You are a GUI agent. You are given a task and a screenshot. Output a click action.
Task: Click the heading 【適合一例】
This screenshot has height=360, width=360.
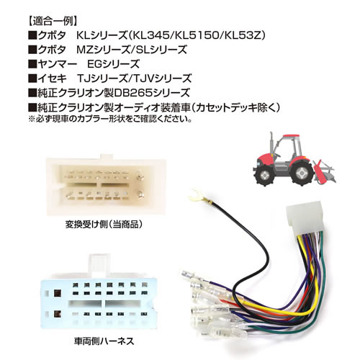pyautogui.click(x=53, y=22)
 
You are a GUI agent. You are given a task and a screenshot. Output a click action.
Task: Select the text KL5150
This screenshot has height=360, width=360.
pyautogui.click(x=196, y=36)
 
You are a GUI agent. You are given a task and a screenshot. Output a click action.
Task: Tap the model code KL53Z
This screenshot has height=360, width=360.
pyautogui.click(x=240, y=36)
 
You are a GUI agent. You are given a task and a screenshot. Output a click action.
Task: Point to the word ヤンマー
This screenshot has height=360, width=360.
pyautogui.click(x=57, y=64)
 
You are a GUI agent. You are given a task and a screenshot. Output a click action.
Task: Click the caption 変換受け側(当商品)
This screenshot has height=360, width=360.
pyautogui.click(x=104, y=225)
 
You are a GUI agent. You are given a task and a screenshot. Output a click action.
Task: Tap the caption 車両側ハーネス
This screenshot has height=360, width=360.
pyautogui.click(x=104, y=341)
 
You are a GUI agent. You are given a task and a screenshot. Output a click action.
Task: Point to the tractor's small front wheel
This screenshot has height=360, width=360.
pyautogui.click(x=264, y=175)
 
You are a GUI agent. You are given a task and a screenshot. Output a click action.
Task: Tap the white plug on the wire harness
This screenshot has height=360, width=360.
pyautogui.click(x=304, y=217)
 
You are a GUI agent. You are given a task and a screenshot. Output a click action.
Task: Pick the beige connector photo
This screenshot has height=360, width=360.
pyautogui.click(x=107, y=185)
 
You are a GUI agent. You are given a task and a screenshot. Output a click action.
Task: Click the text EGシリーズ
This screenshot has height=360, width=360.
pyautogui.click(x=113, y=64)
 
